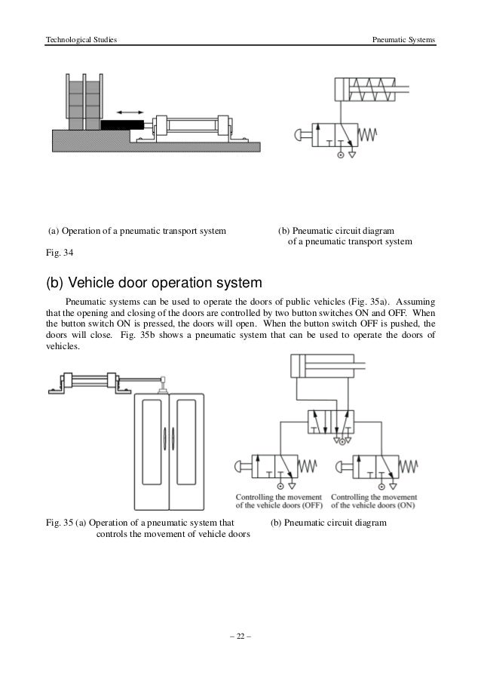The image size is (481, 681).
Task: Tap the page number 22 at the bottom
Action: [x=240, y=636]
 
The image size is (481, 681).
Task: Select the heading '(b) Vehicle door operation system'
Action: [x=154, y=284]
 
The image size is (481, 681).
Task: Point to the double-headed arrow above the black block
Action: [x=130, y=112]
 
